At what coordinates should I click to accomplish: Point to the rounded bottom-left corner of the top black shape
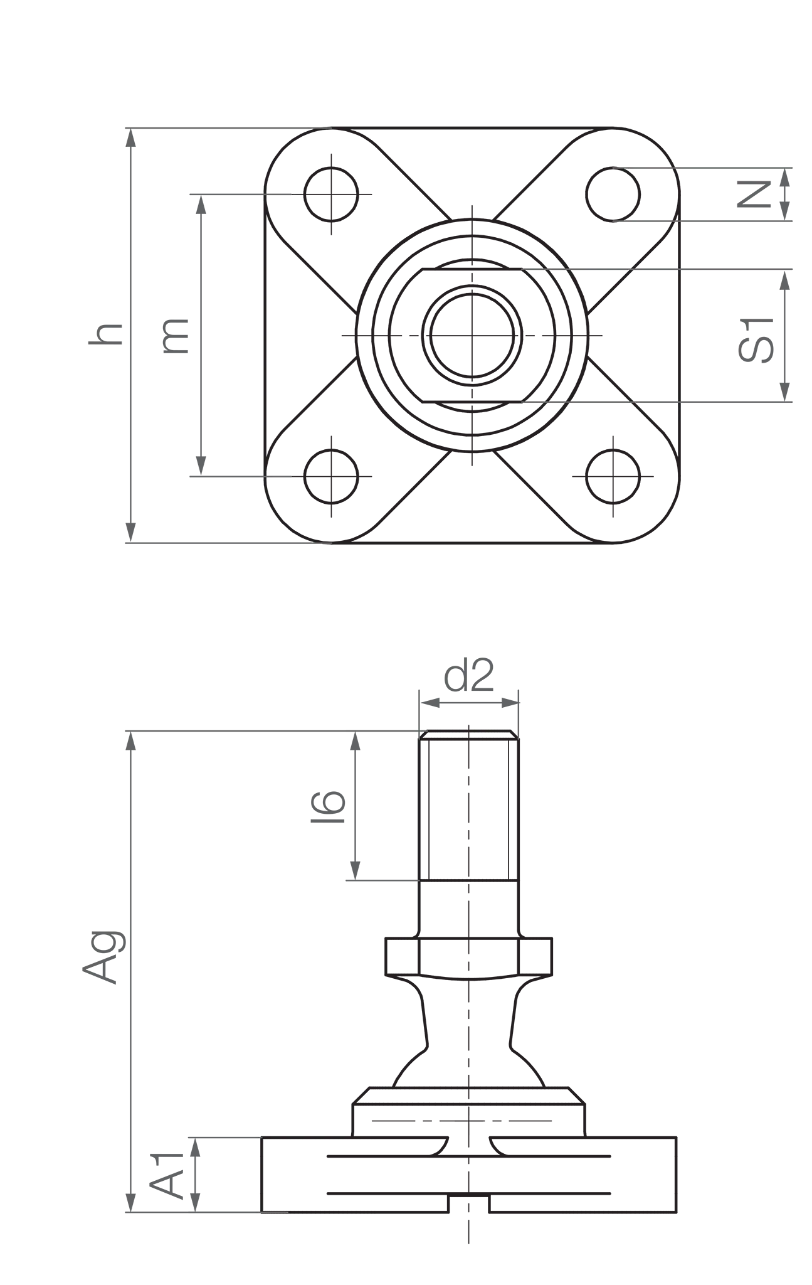click(282, 524)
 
